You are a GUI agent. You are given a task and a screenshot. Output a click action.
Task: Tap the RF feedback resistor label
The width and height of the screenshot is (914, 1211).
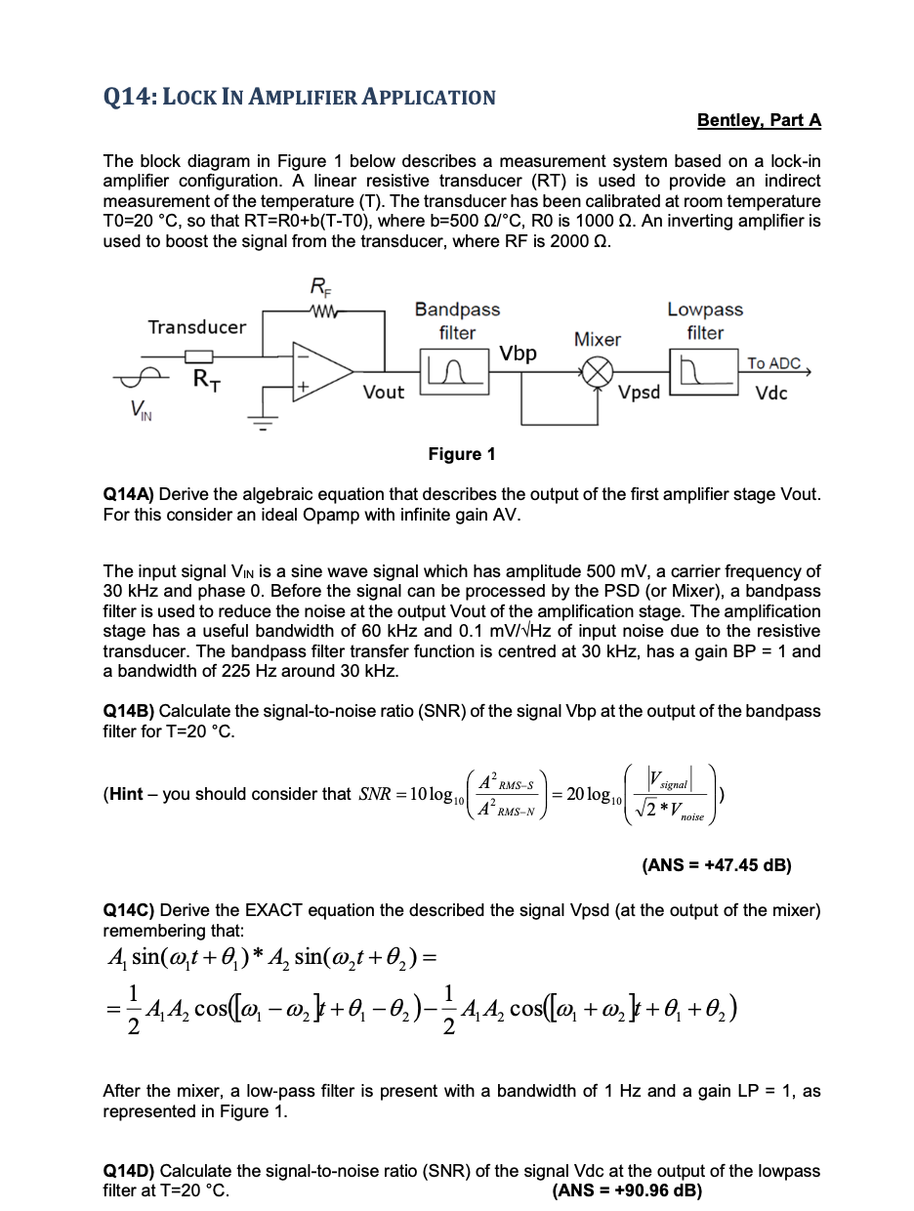pos(319,287)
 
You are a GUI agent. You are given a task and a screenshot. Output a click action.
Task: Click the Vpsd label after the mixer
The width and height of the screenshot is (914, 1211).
pos(640,393)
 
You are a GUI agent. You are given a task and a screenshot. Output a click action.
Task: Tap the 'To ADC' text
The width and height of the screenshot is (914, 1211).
pos(773,363)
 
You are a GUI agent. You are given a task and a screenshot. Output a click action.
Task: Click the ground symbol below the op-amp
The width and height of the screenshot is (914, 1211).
pos(262,423)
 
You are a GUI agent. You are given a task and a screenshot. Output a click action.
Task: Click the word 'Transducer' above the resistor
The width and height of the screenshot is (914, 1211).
pos(197,327)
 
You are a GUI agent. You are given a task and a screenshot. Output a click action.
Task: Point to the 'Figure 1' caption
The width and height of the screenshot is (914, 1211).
pos(462,454)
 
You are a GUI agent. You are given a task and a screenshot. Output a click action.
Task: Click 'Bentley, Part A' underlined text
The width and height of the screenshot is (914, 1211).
pos(759,120)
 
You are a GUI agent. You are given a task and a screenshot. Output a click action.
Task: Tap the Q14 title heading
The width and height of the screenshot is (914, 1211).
pos(300,97)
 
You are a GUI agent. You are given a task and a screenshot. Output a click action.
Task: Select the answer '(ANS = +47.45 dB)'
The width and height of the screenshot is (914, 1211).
pos(716,864)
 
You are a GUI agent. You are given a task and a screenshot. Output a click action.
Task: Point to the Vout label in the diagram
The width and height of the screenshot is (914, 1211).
pos(383,393)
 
